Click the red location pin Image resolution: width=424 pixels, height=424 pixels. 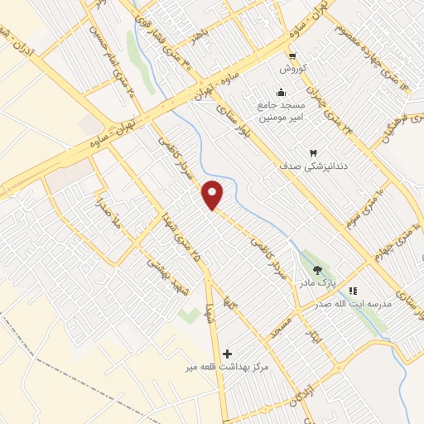213,195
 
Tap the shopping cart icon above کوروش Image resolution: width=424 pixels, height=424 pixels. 292,56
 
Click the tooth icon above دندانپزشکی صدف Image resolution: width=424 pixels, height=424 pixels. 313,153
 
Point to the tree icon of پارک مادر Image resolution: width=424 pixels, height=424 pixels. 317,270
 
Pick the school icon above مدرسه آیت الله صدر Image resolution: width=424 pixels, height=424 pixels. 353,291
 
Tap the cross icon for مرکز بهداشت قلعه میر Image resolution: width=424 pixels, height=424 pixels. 228,354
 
